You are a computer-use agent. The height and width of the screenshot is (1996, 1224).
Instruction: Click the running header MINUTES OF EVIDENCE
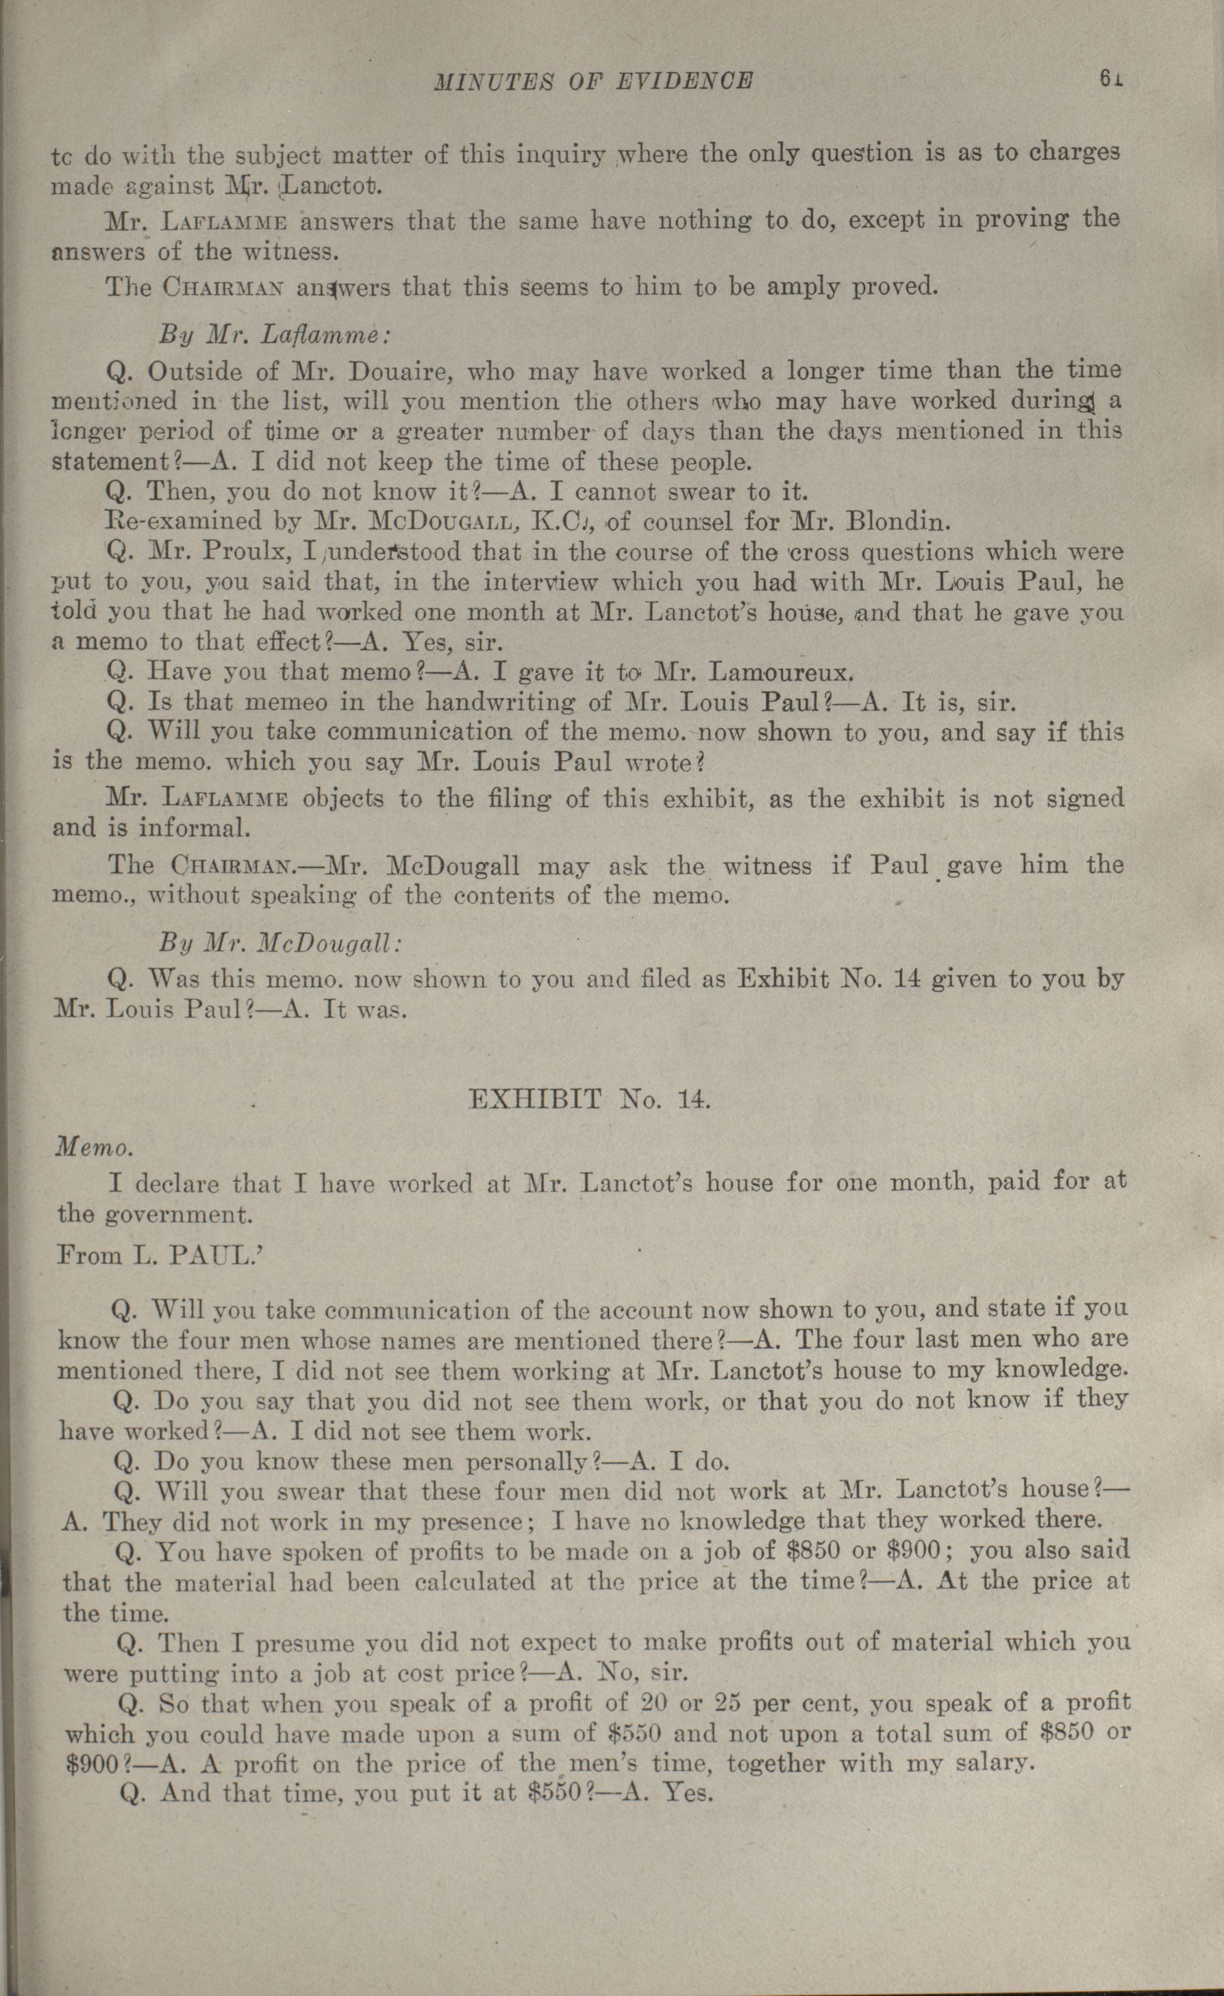594,81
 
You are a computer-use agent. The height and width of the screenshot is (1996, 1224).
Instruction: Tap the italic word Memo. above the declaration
92,1149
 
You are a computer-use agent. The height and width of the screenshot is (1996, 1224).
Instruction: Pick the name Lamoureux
790,672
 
